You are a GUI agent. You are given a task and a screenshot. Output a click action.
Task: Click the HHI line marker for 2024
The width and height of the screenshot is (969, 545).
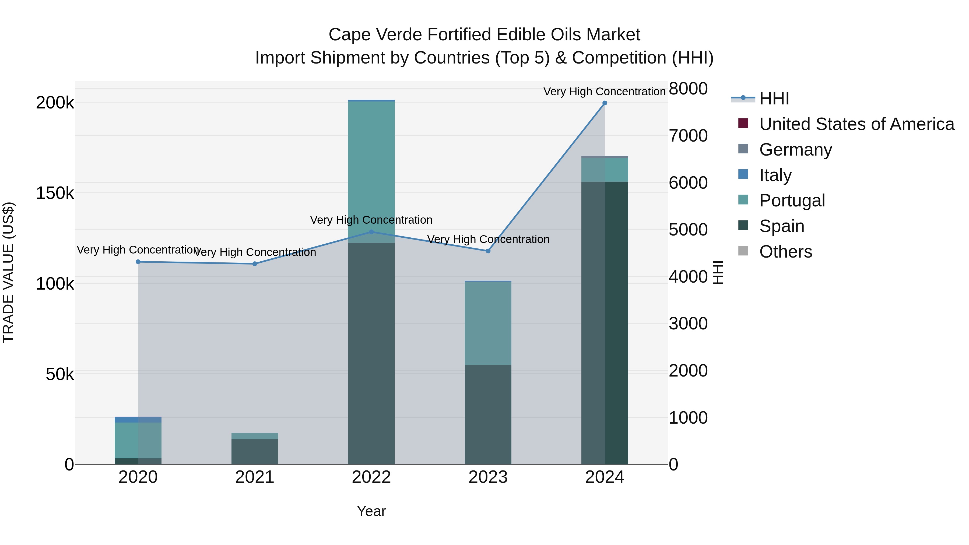[x=605, y=103]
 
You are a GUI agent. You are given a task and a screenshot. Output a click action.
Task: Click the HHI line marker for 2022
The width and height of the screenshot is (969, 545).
[x=371, y=232]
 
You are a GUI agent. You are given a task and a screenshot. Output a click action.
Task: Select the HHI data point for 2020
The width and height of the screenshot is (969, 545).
[x=138, y=262]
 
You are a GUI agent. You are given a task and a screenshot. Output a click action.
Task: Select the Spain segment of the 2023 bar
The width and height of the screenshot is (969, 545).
[x=488, y=414]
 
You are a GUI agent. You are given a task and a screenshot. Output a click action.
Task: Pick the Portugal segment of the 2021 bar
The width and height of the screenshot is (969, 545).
[x=255, y=436]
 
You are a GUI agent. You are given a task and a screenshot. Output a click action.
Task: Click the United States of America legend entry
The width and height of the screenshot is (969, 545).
[x=856, y=124]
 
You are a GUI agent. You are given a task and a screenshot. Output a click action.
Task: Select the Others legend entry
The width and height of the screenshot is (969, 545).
[x=785, y=252]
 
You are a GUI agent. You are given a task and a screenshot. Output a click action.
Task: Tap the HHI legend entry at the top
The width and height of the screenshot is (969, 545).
[x=774, y=99]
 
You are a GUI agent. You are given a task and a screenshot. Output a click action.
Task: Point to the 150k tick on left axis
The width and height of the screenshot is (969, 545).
[x=55, y=193]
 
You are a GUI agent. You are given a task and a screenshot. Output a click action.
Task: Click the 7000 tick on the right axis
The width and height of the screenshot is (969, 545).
[x=688, y=136]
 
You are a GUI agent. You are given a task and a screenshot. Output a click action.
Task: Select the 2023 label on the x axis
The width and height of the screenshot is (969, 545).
[x=488, y=477]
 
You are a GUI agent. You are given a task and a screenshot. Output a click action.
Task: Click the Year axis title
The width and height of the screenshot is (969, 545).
[x=371, y=511]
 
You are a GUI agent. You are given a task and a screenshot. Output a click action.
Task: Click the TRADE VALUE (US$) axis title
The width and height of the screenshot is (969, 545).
[x=8, y=272]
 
